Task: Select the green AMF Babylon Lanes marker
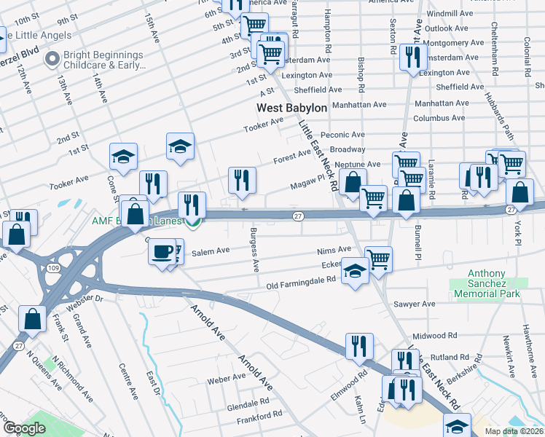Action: pyautogui.click(x=192, y=221)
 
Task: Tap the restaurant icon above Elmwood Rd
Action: pyautogui.click(x=358, y=345)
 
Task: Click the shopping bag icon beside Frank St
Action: pyautogui.click(x=33, y=318)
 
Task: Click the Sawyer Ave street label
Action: pyautogui.click(x=414, y=303)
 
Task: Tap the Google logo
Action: pyautogui.click(x=24, y=428)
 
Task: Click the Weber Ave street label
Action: pyautogui.click(x=225, y=379)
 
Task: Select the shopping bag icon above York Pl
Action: pyautogui.click(x=519, y=192)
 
